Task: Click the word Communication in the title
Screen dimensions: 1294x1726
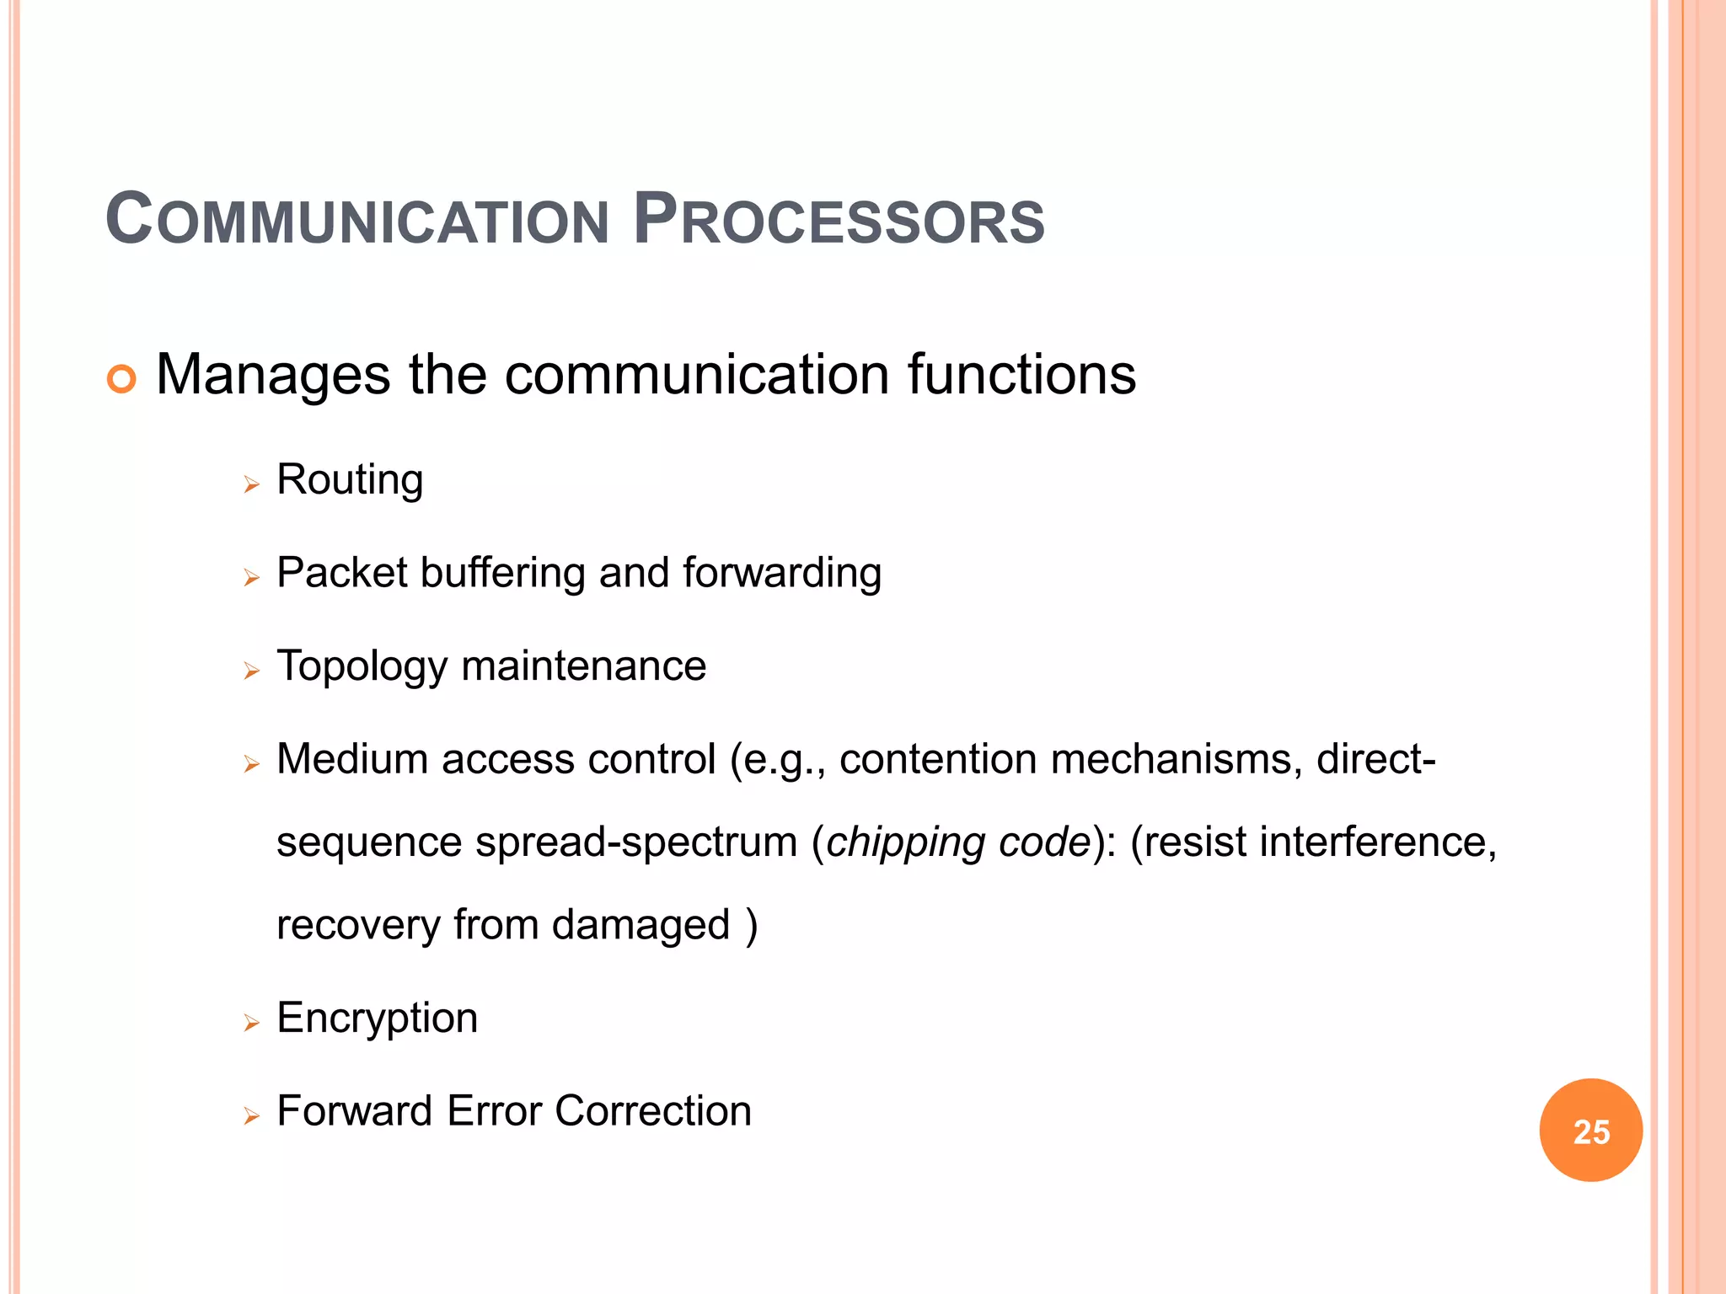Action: coord(357,220)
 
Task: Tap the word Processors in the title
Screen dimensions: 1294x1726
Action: coord(839,220)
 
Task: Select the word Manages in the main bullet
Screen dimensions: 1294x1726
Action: coord(273,375)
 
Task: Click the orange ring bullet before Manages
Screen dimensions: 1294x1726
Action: coord(121,379)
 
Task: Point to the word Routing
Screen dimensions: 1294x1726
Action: coord(350,481)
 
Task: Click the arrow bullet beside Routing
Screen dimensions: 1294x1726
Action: coord(251,484)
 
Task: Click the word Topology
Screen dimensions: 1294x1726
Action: coord(362,667)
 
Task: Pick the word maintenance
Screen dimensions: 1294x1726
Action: coord(583,666)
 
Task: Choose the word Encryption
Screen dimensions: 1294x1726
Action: coord(377,1019)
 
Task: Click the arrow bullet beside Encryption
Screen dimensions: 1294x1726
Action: coord(251,1024)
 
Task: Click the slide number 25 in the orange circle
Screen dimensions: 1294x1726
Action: coord(1591,1131)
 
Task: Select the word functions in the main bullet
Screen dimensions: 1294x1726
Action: coord(1021,375)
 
